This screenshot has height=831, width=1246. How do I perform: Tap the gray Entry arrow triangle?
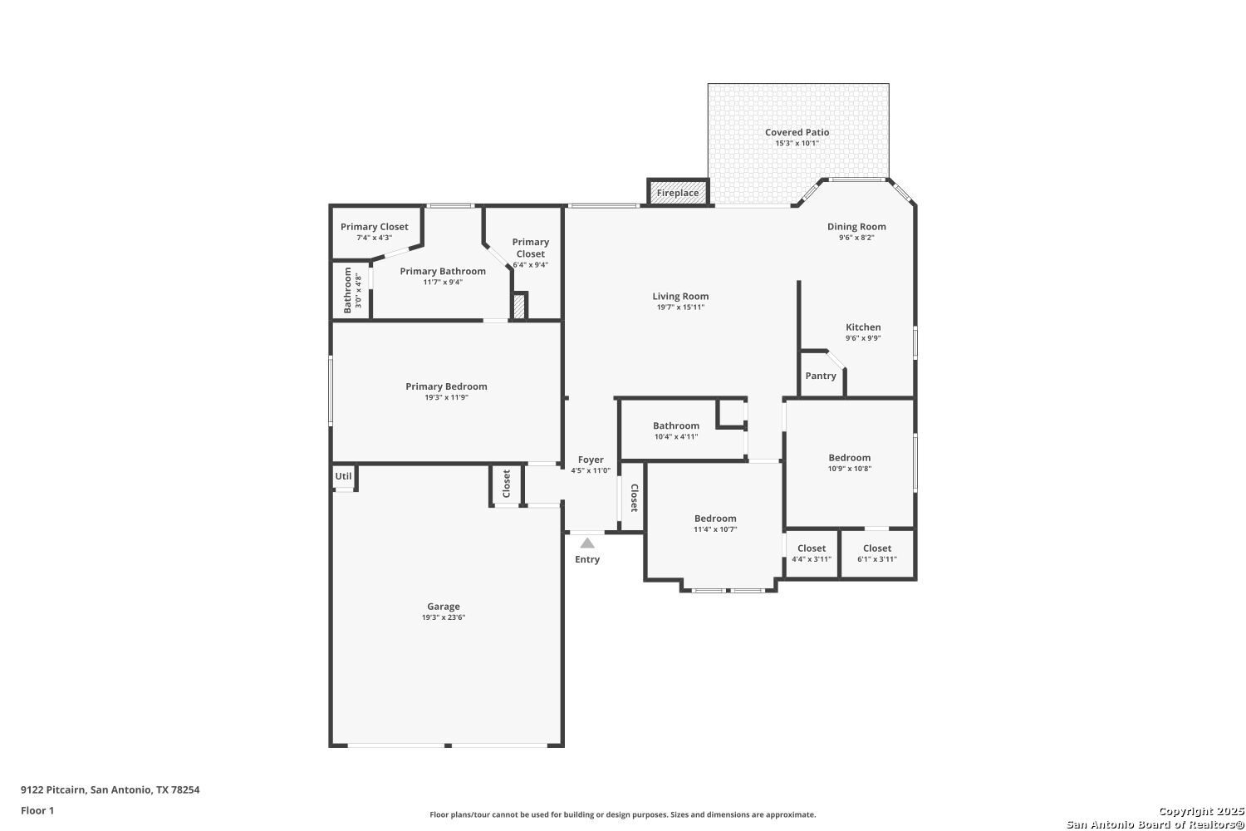pyautogui.click(x=587, y=543)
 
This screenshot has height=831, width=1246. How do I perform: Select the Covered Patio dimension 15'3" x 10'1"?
pyautogui.click(x=797, y=143)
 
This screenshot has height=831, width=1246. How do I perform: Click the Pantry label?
pyautogui.click(x=821, y=376)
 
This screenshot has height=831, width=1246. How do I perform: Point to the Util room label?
pyautogui.click(x=343, y=476)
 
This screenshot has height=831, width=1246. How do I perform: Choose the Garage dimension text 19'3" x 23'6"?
pyautogui.click(x=444, y=617)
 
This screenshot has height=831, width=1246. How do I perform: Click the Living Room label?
pyautogui.click(x=680, y=297)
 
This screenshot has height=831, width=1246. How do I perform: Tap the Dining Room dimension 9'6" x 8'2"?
pyautogui.click(x=856, y=238)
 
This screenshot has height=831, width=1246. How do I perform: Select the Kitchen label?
pyautogui.click(x=863, y=327)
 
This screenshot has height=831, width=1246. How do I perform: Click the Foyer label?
pyautogui.click(x=590, y=460)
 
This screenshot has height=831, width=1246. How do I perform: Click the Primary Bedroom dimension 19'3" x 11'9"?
pyautogui.click(x=446, y=397)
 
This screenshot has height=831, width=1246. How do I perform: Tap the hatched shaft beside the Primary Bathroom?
pyautogui.click(x=518, y=306)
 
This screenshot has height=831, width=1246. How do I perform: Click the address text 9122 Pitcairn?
pyautogui.click(x=53, y=789)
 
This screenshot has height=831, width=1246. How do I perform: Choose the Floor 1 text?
pyautogui.click(x=37, y=810)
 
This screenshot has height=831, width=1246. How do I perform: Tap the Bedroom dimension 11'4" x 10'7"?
pyautogui.click(x=715, y=529)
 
